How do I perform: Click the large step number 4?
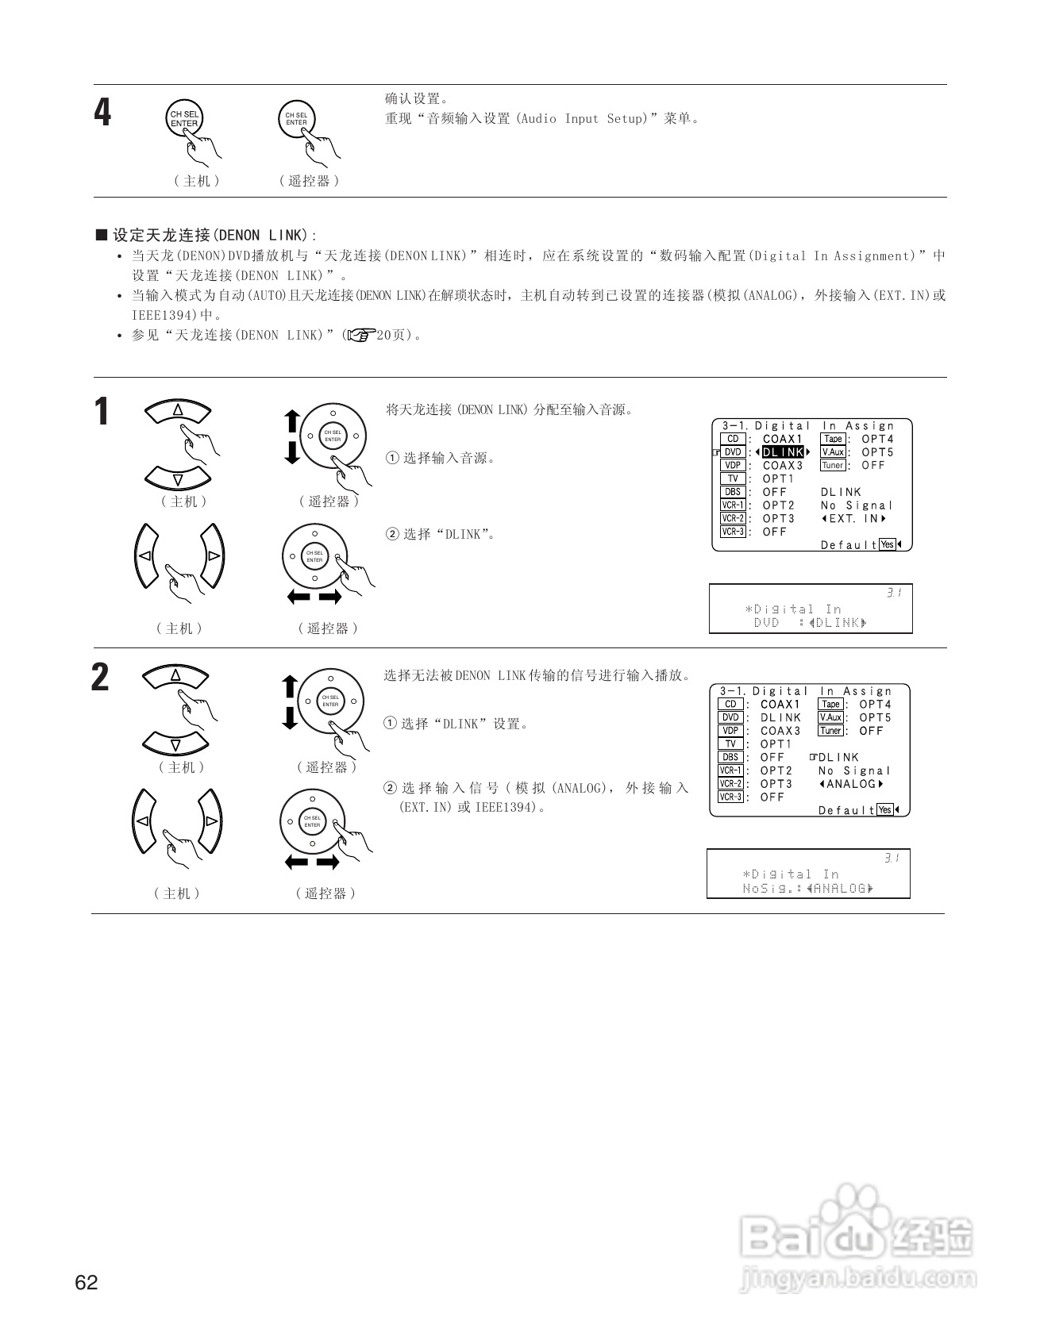(x=103, y=113)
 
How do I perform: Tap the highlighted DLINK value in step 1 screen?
(x=783, y=452)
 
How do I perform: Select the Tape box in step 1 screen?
(x=833, y=439)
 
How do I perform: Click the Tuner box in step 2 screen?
(x=830, y=731)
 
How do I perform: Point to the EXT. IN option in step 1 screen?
(x=853, y=519)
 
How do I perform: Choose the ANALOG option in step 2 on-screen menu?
(x=851, y=784)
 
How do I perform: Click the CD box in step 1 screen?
(x=733, y=439)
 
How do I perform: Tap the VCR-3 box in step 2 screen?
(x=730, y=797)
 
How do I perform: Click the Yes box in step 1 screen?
(x=888, y=544)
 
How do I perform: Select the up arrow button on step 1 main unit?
(x=178, y=410)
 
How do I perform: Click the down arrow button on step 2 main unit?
(x=175, y=744)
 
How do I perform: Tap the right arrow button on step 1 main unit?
(x=214, y=555)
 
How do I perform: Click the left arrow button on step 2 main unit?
(x=142, y=821)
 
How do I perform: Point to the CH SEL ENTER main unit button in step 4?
(x=184, y=120)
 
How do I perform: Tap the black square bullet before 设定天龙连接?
(x=101, y=235)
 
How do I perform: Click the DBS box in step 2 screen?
(x=730, y=757)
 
